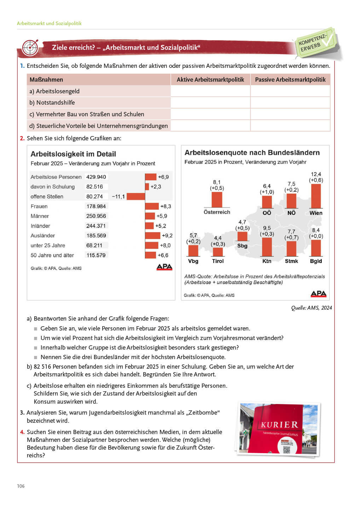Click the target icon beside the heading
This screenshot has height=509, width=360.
coord(30,47)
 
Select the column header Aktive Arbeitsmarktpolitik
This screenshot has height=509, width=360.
coord(210,80)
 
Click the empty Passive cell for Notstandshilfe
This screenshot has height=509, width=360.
coord(290,103)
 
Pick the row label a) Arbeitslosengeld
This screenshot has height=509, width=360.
coord(54,91)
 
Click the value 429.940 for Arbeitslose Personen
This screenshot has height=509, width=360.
coord(96,177)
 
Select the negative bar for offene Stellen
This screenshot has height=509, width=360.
coord(136,197)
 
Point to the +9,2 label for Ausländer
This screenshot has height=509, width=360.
coord(167,235)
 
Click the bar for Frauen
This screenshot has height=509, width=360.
coord(152,206)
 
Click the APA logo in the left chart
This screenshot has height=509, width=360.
coord(164,267)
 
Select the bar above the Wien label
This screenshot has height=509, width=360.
coord(315,196)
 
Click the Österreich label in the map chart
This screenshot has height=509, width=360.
coord(217,212)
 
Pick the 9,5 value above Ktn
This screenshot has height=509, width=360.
coord(267,228)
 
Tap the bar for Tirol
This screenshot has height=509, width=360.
coord(218,252)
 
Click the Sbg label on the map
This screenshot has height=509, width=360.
coord(242,246)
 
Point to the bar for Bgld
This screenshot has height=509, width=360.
coord(315,248)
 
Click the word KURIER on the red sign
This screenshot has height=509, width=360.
coord(279,425)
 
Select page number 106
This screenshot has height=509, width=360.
coord(21,486)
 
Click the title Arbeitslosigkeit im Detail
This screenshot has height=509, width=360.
coord(73,154)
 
